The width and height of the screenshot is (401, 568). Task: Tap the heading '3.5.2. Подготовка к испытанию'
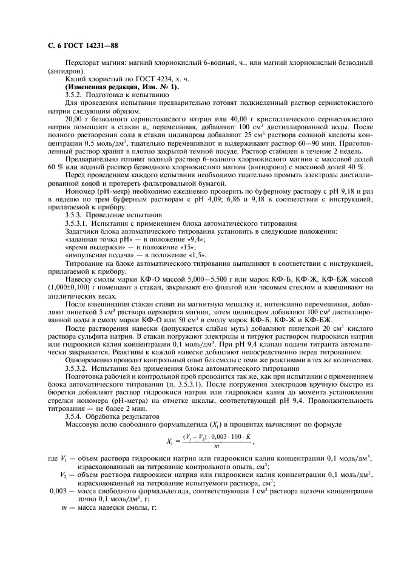click(x=112, y=95)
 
